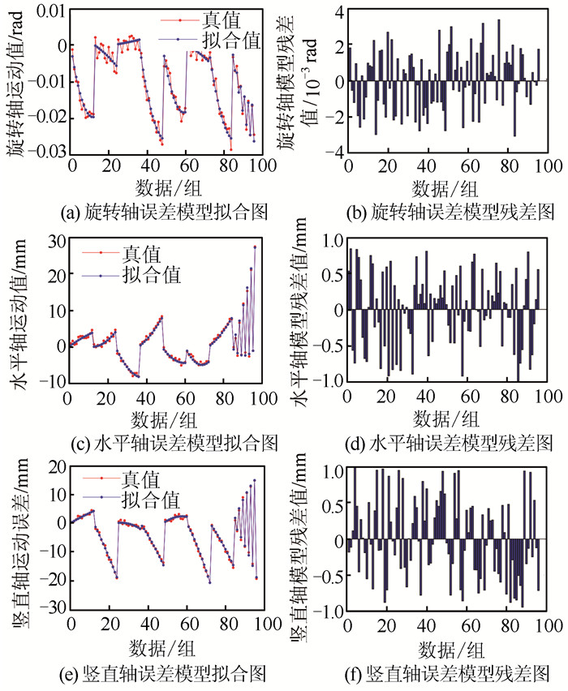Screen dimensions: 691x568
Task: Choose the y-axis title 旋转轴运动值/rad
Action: (x=15, y=81)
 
